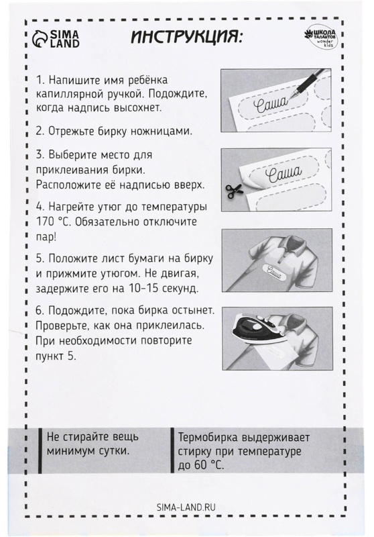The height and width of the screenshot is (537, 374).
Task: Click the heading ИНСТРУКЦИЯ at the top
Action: (x=186, y=36)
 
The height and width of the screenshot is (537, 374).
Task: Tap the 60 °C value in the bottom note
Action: (x=210, y=464)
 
